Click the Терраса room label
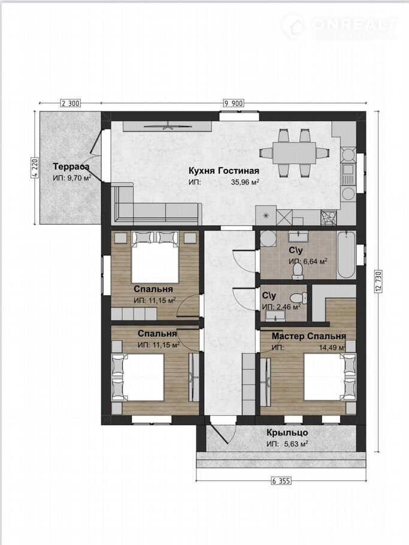pos(71,166)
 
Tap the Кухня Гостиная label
pos(224,171)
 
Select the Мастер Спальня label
pos(308,336)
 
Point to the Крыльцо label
pos(287,433)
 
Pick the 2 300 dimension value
pos(71,103)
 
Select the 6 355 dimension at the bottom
pos(281,481)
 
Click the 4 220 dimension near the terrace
pos(34,168)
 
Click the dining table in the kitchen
pos(294,153)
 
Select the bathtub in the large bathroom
pos(346,255)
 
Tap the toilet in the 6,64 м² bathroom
pos(298,271)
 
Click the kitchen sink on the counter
pos(348,174)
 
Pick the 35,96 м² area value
pos(246,181)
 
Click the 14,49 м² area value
pos(332,347)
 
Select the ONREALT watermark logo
pos(339,26)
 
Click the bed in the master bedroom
pos(330,377)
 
